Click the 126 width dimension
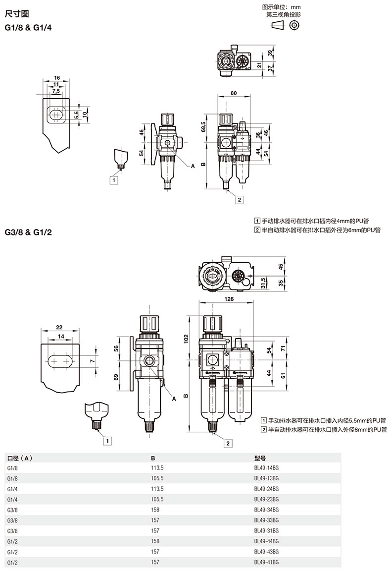(229, 299)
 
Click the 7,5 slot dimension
(56, 91)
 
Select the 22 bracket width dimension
(59, 328)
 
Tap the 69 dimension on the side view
(117, 378)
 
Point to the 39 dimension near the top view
(270, 53)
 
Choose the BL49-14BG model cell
(266, 467)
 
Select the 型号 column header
(260, 458)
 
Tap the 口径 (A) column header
(20, 458)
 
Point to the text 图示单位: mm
(281, 7)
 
